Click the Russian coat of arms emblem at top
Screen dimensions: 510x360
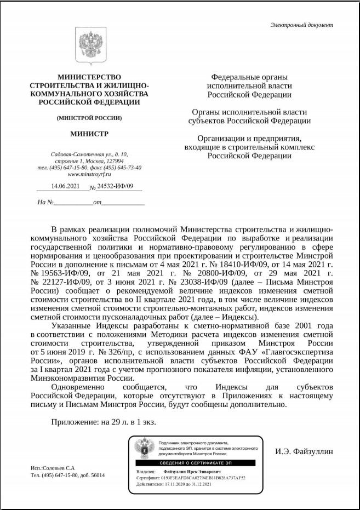pos(89,47)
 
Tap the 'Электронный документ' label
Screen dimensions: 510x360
pos(301,25)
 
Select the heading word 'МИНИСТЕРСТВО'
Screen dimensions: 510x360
pos(89,77)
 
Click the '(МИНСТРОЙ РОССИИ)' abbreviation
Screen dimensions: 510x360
pos(89,118)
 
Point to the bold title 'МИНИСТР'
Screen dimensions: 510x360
pos(89,134)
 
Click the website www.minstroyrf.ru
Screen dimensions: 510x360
pos(89,174)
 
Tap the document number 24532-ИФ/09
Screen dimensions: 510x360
pos(115,187)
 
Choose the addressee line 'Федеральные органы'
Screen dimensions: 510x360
pos(249,77)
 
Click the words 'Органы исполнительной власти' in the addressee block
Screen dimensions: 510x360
pos(249,112)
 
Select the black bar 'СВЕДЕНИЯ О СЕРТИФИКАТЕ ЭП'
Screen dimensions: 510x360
pos(195,463)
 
